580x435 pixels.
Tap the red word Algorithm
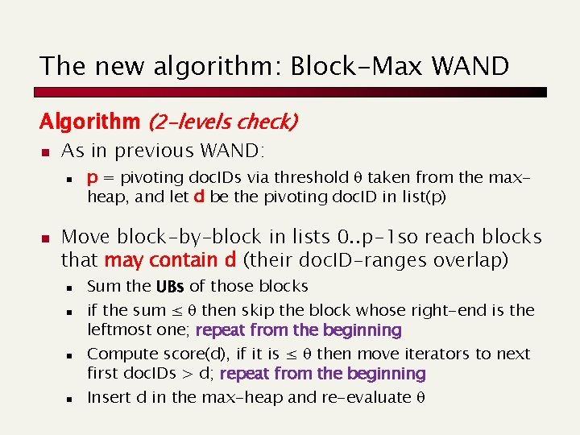point(90,122)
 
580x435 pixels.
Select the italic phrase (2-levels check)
point(222,122)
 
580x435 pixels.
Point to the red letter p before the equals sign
point(93,177)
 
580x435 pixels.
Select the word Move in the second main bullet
point(86,237)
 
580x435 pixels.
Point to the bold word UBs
point(170,286)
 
